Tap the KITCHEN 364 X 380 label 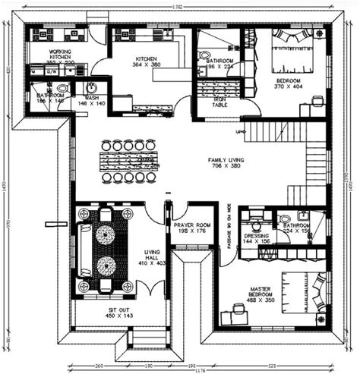[146, 62]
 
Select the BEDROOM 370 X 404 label [288, 84]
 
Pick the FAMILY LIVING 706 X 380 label [227, 162]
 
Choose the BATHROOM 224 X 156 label [295, 229]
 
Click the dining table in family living [129, 160]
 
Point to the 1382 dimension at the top [179, 6]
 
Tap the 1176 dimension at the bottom [179, 369]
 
